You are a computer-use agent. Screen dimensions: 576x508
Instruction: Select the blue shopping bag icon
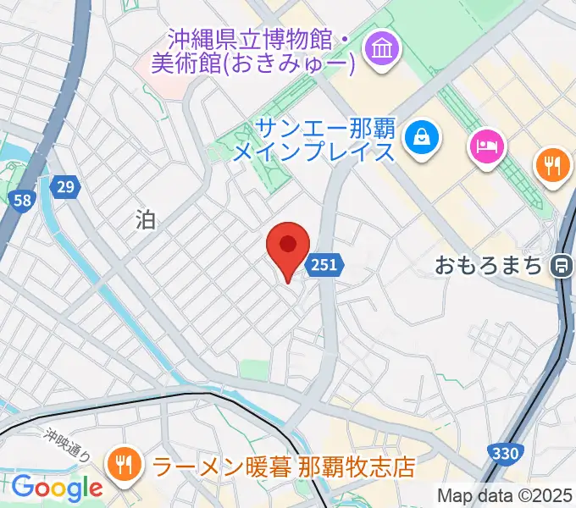(421, 135)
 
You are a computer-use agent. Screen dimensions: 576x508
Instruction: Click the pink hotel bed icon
(487, 147)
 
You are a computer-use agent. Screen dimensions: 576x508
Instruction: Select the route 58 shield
(23, 201)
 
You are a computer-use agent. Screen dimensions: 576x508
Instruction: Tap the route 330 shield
(504, 454)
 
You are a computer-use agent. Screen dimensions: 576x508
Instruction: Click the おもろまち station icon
(560, 266)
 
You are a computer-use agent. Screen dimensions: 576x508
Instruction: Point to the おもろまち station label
(488, 266)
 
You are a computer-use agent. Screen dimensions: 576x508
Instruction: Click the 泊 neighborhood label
(146, 221)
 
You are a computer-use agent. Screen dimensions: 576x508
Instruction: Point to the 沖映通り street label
(68, 442)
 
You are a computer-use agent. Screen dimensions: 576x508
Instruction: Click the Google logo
(57, 488)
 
